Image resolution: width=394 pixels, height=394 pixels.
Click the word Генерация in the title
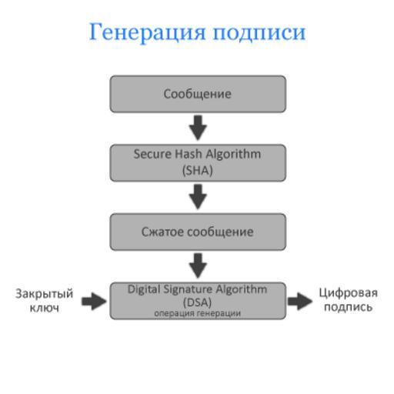(x=148, y=32)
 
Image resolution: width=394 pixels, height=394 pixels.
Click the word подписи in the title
(x=259, y=33)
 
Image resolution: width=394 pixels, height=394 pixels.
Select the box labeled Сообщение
(x=198, y=94)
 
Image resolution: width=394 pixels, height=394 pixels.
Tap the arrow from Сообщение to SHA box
(x=198, y=128)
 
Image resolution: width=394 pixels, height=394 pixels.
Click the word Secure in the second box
(x=152, y=154)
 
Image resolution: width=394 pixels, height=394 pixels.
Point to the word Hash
(x=189, y=154)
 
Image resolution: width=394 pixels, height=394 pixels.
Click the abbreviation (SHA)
(x=198, y=170)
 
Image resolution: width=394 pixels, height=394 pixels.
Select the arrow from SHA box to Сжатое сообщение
(x=198, y=197)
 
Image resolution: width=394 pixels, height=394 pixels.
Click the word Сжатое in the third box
(x=162, y=232)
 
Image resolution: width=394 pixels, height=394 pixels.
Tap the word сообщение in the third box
(x=220, y=232)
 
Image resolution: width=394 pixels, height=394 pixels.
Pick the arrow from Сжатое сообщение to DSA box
(x=198, y=265)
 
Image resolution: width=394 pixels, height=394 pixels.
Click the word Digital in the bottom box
(x=144, y=289)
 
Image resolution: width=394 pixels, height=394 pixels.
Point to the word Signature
(x=188, y=289)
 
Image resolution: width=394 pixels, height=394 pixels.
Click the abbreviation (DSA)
(x=198, y=302)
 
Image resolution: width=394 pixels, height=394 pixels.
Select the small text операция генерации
(x=198, y=313)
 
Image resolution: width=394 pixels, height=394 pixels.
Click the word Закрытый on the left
(x=45, y=294)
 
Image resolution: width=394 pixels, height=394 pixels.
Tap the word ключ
(x=45, y=308)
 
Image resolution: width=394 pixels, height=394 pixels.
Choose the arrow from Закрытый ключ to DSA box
(x=94, y=301)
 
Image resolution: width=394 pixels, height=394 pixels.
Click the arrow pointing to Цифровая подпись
(x=300, y=301)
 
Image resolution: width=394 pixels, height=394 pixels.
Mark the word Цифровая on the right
(x=348, y=293)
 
